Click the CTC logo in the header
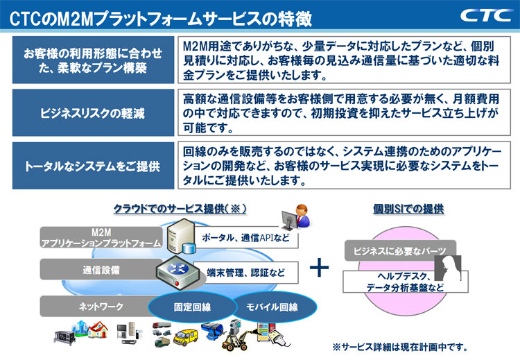coord(483,15)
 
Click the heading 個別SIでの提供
coord(408,208)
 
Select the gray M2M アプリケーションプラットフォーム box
coord(101,237)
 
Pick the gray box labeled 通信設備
coord(101,270)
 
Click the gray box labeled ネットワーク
coord(90,306)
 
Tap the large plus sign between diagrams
coord(319,268)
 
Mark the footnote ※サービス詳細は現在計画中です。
coord(401,347)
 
